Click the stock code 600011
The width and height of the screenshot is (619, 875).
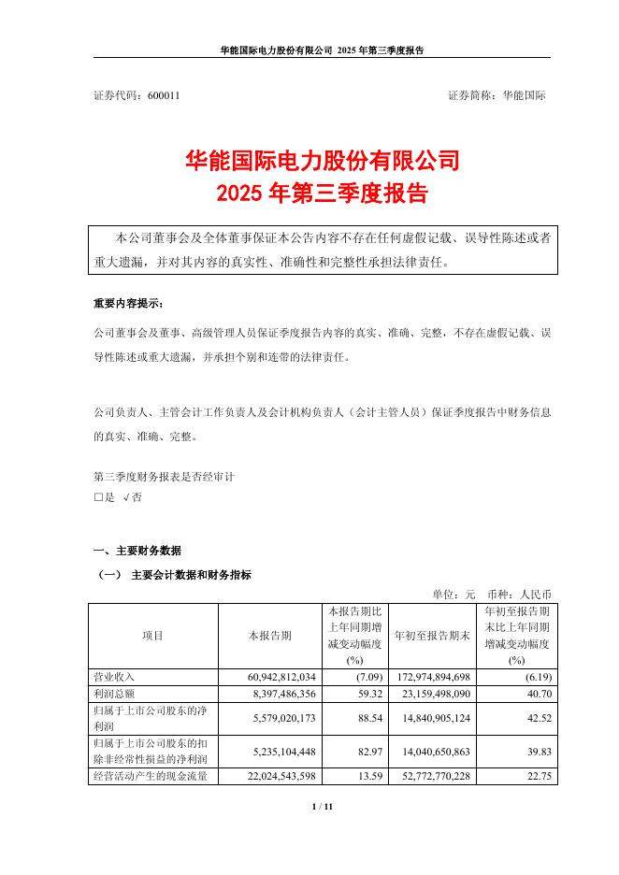(x=165, y=96)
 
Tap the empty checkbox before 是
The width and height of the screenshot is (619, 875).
(x=98, y=498)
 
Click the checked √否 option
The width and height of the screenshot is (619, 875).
(x=132, y=498)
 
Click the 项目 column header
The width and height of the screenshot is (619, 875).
(x=152, y=636)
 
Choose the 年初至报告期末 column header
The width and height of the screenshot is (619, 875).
(x=433, y=636)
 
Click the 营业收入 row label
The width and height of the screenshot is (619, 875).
(x=112, y=676)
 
